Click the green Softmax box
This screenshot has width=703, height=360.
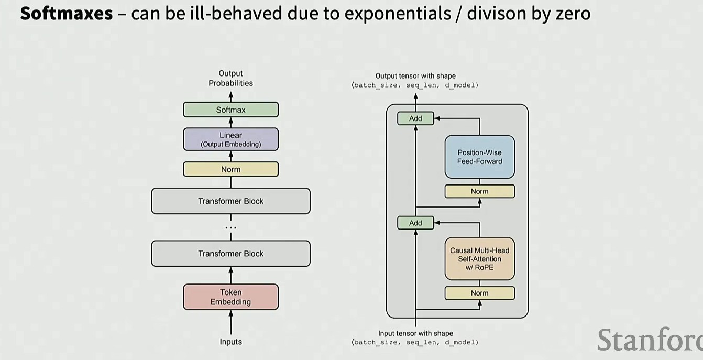coord(230,110)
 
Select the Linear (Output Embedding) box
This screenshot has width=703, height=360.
coord(230,139)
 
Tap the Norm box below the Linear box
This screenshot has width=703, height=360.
coord(230,169)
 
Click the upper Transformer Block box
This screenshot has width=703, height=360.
coord(230,201)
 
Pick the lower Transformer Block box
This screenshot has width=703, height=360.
coord(230,254)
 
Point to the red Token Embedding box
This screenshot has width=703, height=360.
coord(230,297)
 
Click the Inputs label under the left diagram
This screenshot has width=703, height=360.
coord(230,342)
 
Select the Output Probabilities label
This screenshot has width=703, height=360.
coord(230,78)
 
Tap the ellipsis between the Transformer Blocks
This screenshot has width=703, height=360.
coord(230,228)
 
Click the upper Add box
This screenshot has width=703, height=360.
coord(415,118)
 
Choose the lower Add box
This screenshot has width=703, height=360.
coord(415,223)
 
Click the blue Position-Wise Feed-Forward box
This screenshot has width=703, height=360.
coord(479,157)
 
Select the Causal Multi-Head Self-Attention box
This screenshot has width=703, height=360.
coord(479,259)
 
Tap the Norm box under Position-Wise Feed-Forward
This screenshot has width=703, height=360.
coord(479,191)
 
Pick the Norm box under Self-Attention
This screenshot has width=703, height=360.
coord(479,293)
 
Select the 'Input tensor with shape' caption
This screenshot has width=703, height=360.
coord(415,333)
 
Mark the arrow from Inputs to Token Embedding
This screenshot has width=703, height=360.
coord(230,322)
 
